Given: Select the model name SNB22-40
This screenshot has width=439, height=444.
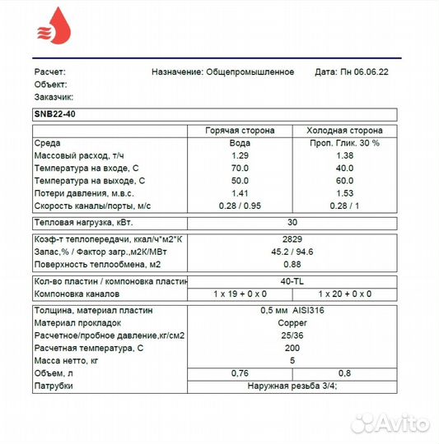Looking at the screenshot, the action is click(55, 114).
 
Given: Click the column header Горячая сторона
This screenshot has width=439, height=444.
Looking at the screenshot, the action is click(240, 131).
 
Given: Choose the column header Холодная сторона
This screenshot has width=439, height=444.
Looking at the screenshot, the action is click(344, 131).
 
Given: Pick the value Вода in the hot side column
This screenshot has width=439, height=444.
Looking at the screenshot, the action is click(240, 143).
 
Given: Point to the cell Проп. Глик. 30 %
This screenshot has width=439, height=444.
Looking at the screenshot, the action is click(344, 143).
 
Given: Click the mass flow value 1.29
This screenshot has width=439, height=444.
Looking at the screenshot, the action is click(240, 155).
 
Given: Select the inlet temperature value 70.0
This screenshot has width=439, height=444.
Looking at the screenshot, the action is click(240, 168).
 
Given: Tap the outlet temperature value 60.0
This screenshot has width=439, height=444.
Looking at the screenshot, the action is click(344, 179).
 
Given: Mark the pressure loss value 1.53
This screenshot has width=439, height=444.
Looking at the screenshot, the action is click(344, 192).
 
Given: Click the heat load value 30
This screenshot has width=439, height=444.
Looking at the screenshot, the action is click(292, 222).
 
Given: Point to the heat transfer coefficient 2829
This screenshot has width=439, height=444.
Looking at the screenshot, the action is click(292, 238).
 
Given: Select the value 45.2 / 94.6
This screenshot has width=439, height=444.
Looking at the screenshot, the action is click(292, 251).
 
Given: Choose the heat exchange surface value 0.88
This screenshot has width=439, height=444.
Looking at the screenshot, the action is click(292, 264).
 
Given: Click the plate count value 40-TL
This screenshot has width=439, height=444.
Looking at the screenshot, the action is click(292, 281).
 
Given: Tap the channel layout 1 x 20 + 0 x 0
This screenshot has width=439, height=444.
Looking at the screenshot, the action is click(344, 294).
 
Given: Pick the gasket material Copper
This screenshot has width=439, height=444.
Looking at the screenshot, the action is click(292, 323).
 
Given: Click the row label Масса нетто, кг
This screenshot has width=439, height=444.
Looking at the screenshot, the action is click(68, 360).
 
